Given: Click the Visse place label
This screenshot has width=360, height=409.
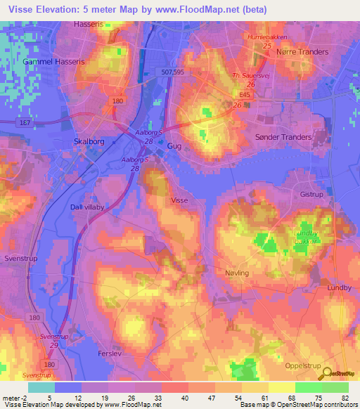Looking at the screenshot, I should [179, 200].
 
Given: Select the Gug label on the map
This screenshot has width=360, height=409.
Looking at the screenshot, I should [175, 145].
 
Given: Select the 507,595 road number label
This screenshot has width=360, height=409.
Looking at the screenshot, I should [171, 71].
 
